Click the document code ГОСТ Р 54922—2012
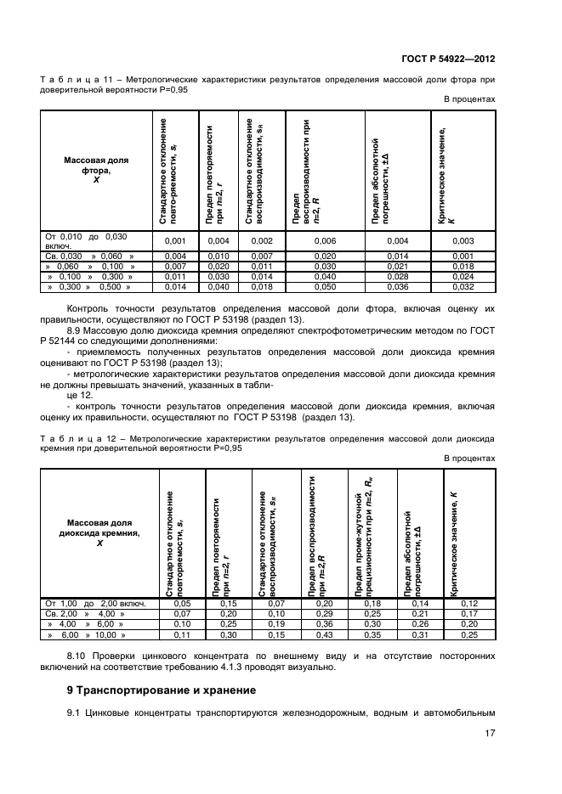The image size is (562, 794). [x=448, y=59]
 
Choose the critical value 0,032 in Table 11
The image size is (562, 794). [x=463, y=288]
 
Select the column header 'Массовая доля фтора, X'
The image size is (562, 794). [x=96, y=169]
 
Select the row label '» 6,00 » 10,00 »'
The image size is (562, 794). [x=87, y=634]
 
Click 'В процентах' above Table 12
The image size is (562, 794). [x=469, y=458]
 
